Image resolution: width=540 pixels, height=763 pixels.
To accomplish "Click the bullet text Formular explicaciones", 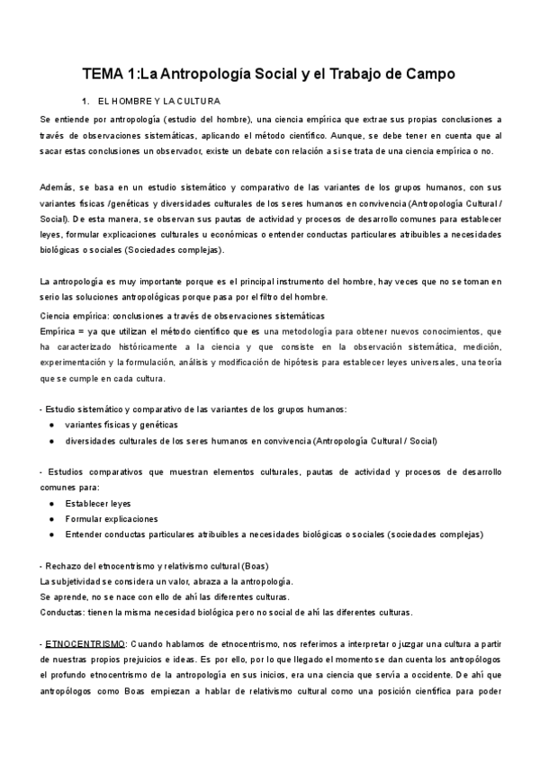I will click(112, 519).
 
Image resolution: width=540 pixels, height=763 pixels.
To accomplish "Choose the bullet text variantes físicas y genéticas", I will click(121, 425).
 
